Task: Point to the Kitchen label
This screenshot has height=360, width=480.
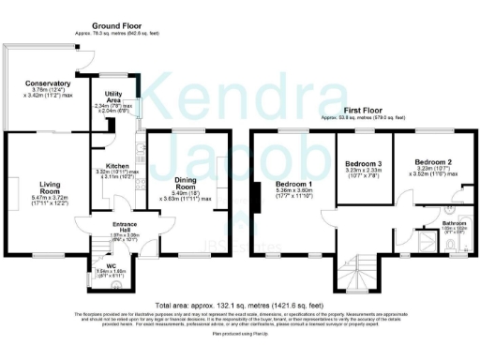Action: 116,165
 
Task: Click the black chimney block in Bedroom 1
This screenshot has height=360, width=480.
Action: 254,196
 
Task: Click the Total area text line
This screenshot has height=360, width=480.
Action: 240,306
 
